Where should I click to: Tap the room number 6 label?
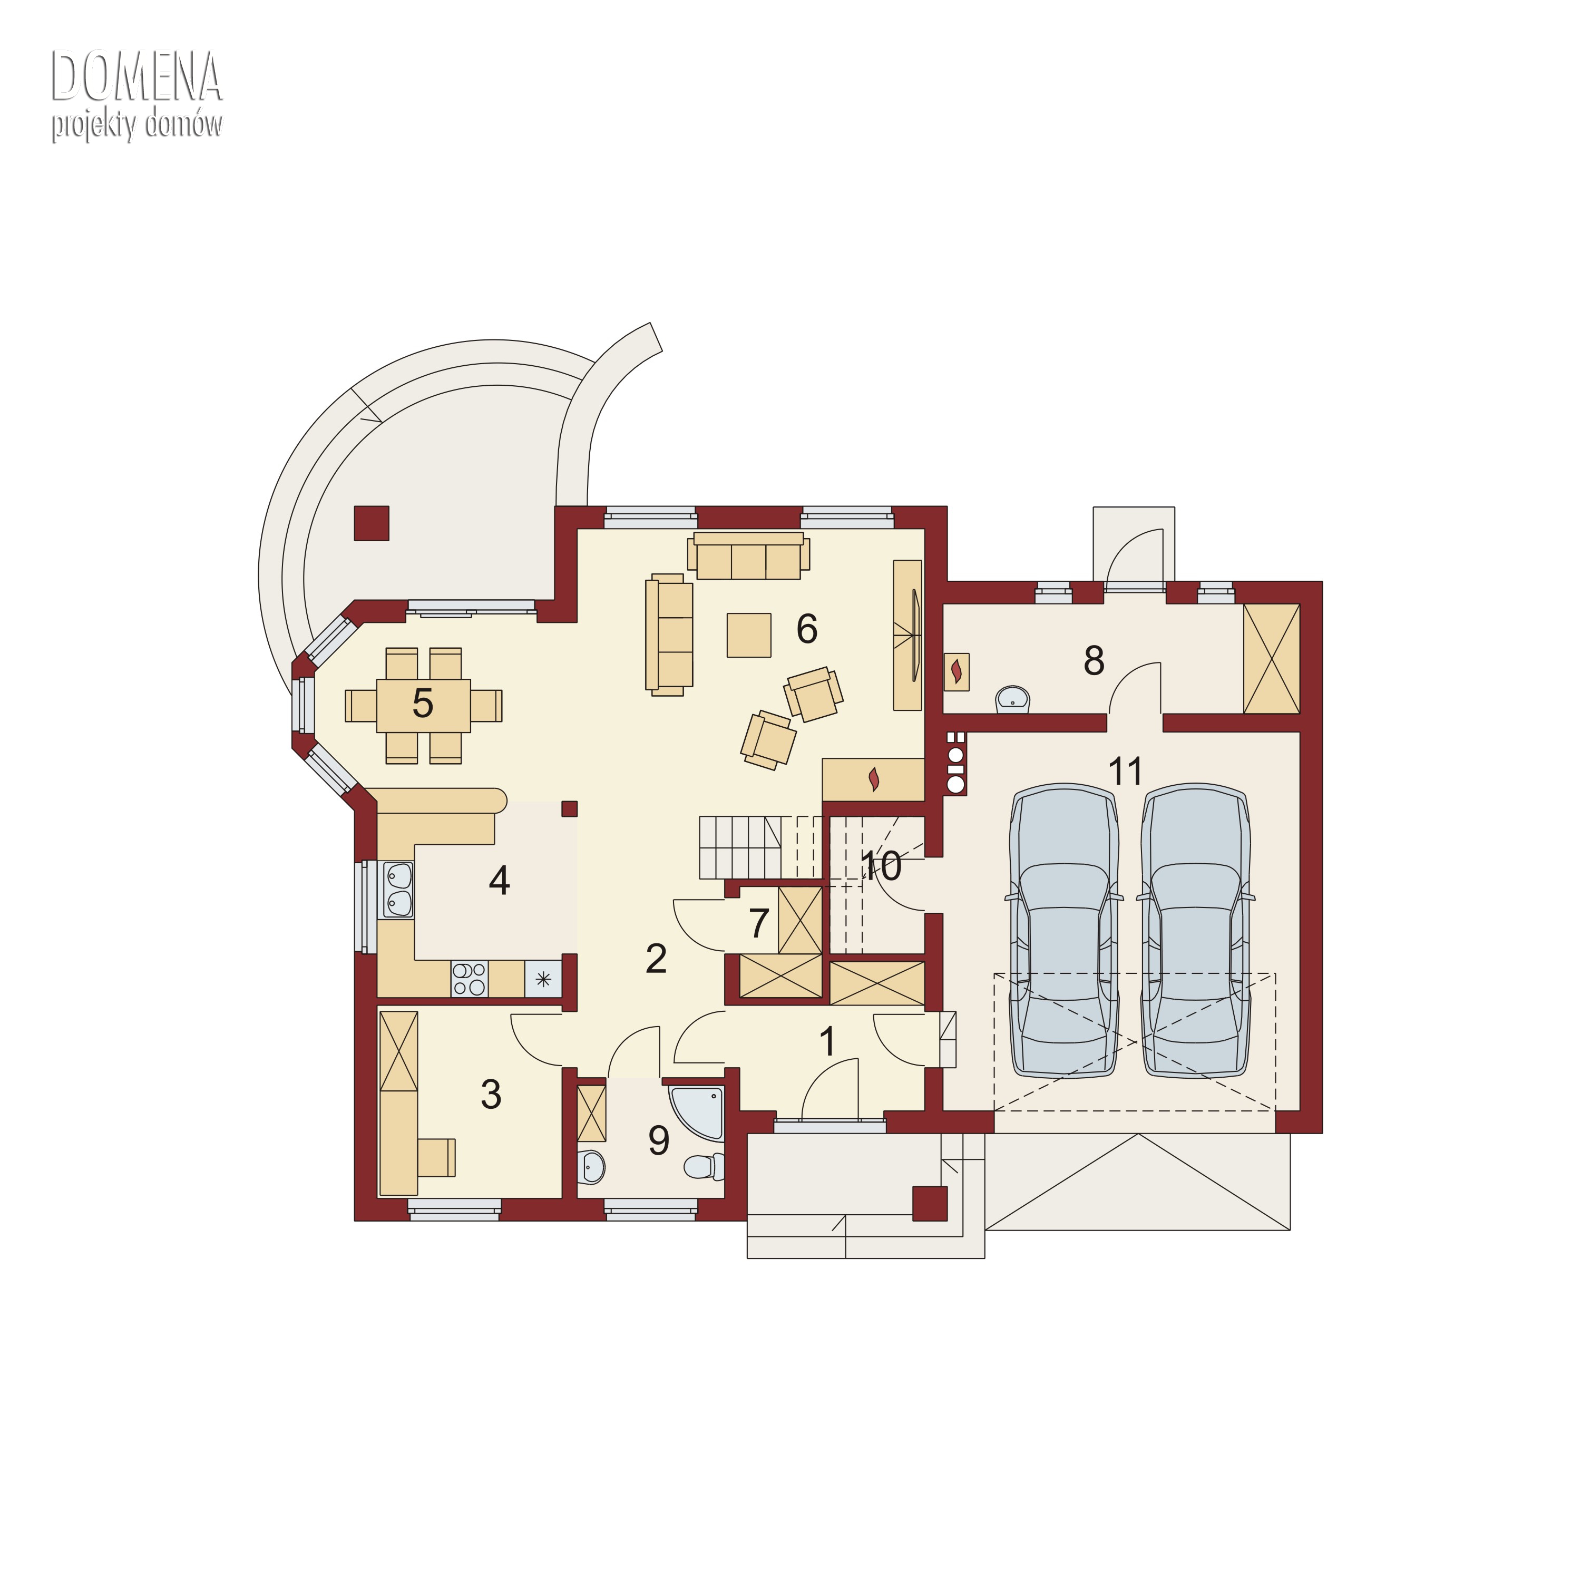[x=807, y=629]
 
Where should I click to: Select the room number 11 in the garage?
[x=1125, y=771]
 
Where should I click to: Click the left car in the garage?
[x=1064, y=931]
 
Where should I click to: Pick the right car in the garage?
[x=1196, y=931]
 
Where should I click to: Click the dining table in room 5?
[x=423, y=706]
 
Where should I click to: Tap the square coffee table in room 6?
[x=749, y=635]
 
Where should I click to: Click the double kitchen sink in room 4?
[x=398, y=890]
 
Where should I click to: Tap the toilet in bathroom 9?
[x=704, y=1166]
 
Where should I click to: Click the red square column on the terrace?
[x=372, y=523]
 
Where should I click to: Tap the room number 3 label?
[x=491, y=1094]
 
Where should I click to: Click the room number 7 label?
[x=758, y=923]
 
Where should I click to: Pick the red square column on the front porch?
[x=931, y=1203]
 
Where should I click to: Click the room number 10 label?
[x=881, y=866]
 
